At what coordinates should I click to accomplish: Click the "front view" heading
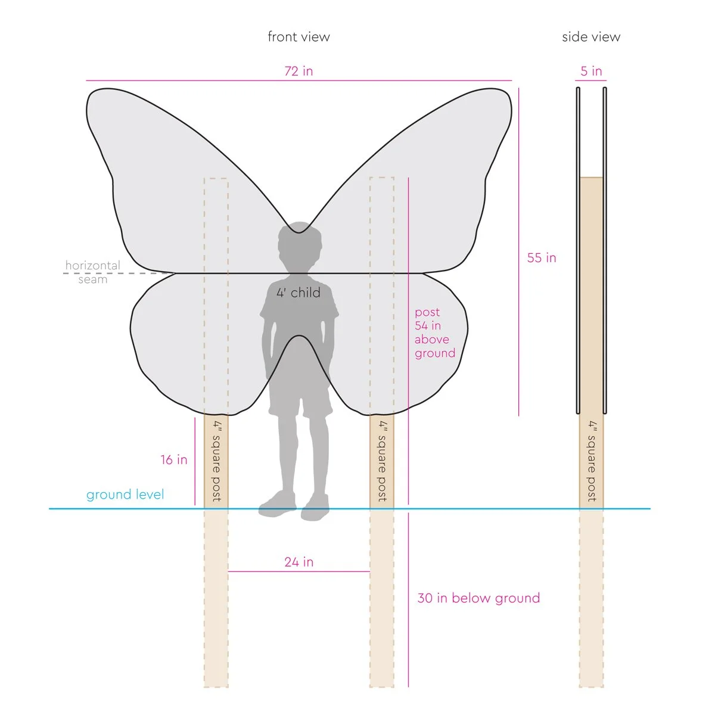click(299, 37)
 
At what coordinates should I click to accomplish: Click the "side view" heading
click(590, 37)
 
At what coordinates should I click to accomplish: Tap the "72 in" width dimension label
click(299, 71)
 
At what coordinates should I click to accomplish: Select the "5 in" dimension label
click(591, 71)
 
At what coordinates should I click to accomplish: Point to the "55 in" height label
click(542, 258)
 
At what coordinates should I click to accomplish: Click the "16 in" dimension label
click(173, 459)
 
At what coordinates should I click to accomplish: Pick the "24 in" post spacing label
click(299, 562)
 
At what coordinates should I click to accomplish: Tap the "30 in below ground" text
click(478, 598)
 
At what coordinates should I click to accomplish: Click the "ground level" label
click(125, 495)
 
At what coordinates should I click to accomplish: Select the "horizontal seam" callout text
click(93, 272)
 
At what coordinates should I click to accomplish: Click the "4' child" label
click(299, 293)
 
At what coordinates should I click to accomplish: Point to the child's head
click(299, 250)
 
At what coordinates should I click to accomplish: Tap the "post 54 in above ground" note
click(434, 332)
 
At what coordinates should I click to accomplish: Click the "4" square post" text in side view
click(592, 461)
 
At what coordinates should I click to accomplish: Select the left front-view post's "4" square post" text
click(216, 461)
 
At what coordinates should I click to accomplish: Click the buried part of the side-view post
click(591, 596)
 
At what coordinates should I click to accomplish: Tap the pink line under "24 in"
click(299, 571)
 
